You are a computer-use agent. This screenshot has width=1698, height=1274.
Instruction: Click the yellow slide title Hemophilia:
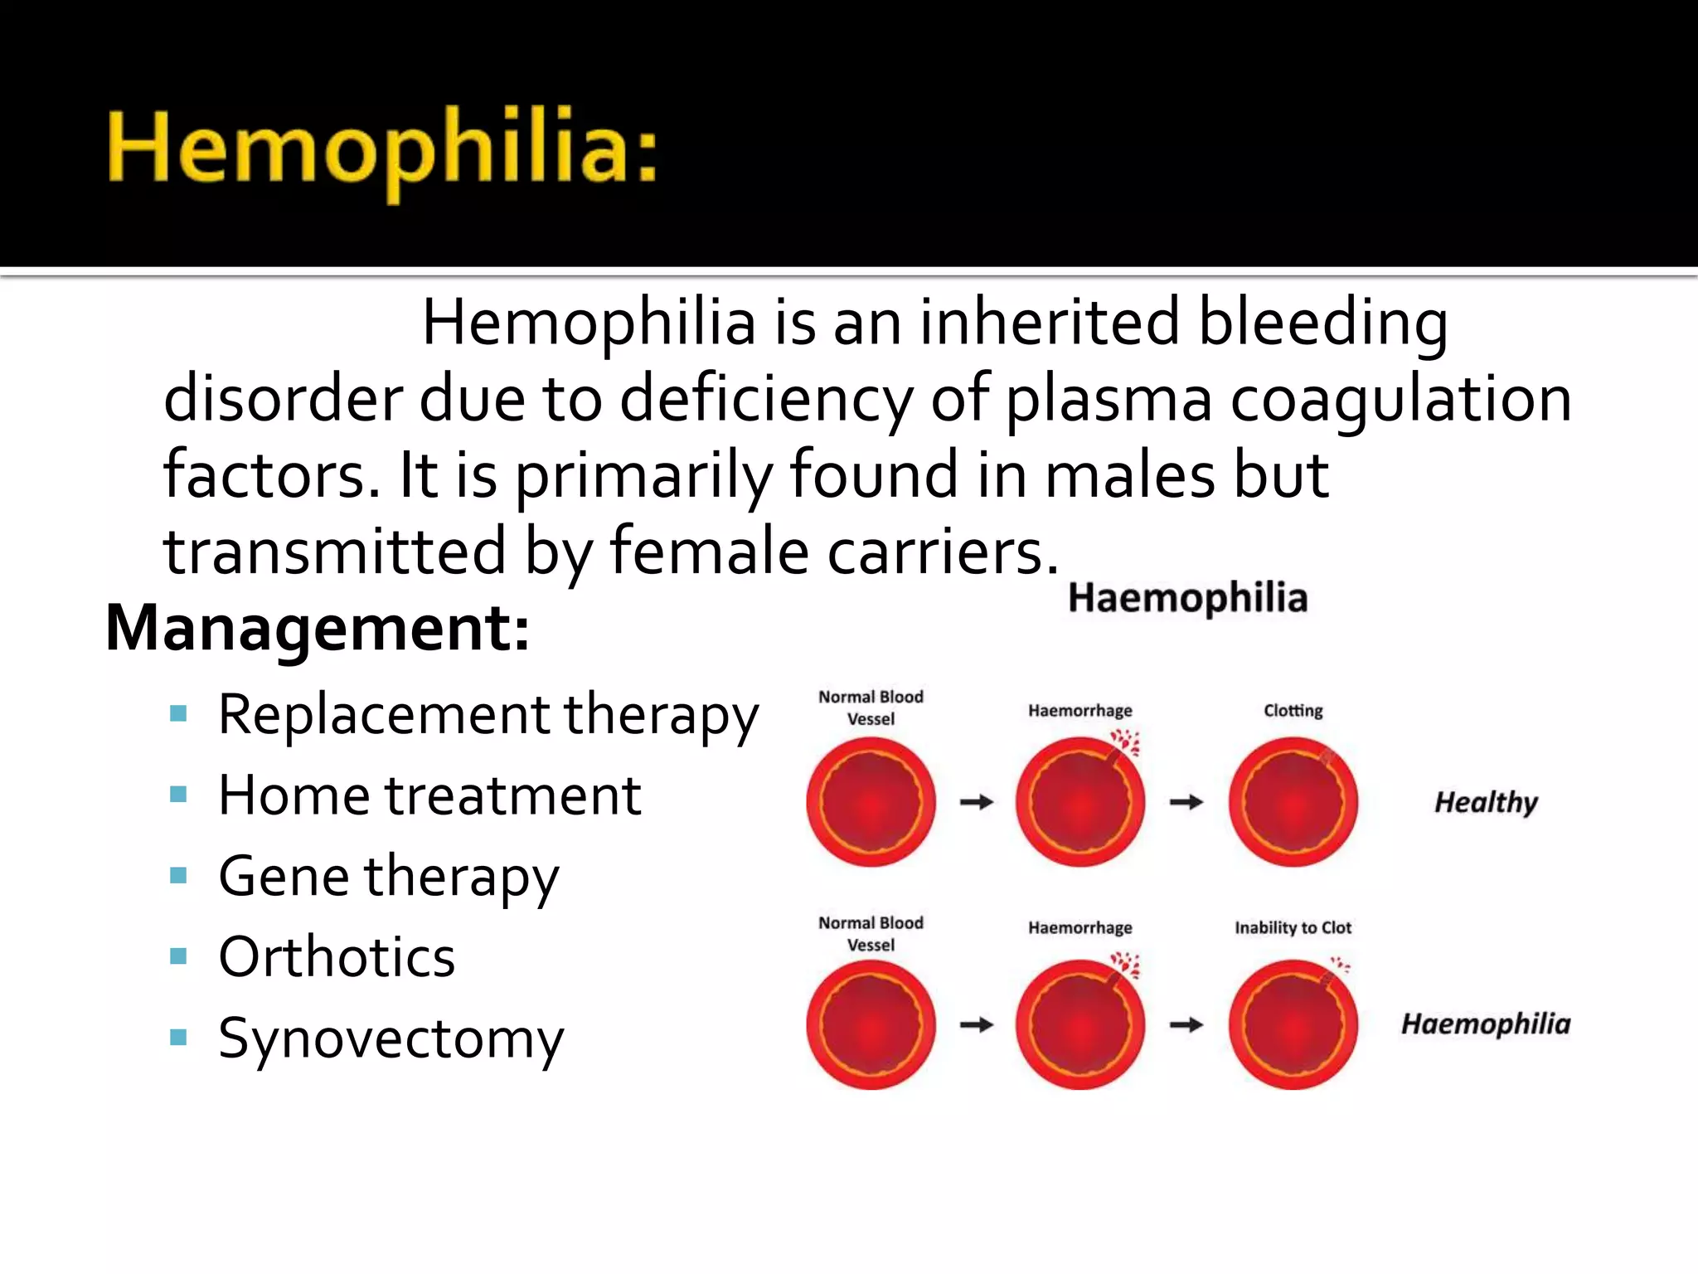coord(381,149)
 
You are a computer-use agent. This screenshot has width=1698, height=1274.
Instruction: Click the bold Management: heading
coord(318,628)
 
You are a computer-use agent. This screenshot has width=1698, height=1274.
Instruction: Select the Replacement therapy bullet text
coord(488,714)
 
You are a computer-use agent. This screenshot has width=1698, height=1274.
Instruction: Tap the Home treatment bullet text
coord(429,795)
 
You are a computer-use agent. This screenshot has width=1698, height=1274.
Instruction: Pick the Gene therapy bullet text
coord(388,877)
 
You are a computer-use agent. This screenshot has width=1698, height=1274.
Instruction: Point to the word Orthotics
coord(337,957)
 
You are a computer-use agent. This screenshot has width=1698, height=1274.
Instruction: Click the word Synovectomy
coord(391,1038)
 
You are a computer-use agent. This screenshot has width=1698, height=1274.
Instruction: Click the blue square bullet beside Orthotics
coord(178,956)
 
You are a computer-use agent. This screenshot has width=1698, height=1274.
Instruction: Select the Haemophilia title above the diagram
coord(1187,598)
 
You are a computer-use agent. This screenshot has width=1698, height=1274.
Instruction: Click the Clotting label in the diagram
coord(1293,711)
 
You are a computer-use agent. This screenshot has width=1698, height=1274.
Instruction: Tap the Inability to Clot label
coord(1293,927)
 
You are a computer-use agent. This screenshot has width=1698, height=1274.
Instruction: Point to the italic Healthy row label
coord(1486,802)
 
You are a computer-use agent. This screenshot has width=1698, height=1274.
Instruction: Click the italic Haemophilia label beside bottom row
coord(1486,1024)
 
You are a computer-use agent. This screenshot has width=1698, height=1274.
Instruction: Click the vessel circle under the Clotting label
coord(1293,802)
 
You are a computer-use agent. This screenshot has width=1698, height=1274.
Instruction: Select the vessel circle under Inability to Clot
coord(1293,1025)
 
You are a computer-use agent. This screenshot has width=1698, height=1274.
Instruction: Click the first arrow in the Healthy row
coord(977,802)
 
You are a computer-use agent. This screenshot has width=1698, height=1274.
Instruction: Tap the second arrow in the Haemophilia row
coord(1186,1025)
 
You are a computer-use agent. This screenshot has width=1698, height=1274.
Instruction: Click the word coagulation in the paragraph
coord(1400,399)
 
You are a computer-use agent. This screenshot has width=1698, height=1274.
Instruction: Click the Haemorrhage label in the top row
coord(1079,711)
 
